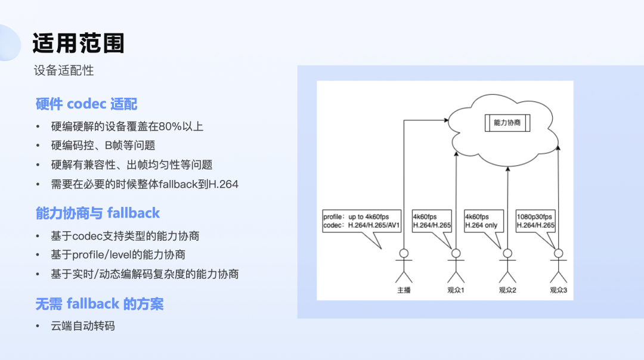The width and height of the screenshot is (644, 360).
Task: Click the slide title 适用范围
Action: [78, 44]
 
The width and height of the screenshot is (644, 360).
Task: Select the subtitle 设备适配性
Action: [64, 70]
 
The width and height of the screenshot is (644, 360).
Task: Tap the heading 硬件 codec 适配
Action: [86, 104]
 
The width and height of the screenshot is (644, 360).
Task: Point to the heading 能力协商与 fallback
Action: [98, 213]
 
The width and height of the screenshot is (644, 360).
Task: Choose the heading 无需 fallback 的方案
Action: [100, 304]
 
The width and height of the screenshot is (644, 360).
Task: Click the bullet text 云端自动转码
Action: [83, 326]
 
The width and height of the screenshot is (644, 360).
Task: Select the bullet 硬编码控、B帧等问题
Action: [103, 145]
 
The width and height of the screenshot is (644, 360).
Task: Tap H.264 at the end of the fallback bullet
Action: [222, 184]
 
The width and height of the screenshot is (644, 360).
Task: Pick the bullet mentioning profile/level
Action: [118, 255]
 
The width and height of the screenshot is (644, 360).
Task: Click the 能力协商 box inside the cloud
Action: [507, 123]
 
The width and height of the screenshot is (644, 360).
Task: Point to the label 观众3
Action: [558, 290]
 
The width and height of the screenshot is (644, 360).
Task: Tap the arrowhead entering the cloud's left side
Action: [445, 120]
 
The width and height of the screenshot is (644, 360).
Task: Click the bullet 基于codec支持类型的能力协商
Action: [125, 236]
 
